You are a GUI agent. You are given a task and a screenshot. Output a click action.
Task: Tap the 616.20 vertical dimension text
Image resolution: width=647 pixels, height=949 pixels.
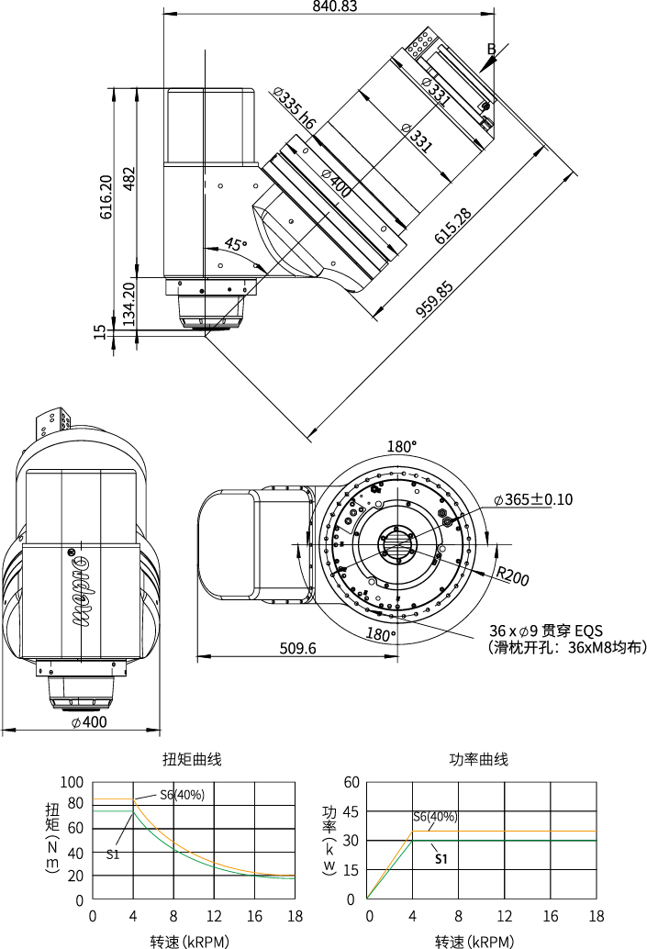click(x=106, y=196)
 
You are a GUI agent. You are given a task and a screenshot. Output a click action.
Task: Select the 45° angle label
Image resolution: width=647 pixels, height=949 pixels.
click(x=236, y=245)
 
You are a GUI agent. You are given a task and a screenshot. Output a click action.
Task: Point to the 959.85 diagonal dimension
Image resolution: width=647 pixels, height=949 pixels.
click(x=436, y=298)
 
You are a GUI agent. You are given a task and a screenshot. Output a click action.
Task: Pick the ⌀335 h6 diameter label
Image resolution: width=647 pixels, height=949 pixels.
click(x=294, y=111)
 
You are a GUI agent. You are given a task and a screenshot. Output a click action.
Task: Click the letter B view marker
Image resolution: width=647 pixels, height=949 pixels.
click(x=491, y=49)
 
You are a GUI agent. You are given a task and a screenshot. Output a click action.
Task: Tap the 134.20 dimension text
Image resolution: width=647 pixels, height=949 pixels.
click(x=128, y=304)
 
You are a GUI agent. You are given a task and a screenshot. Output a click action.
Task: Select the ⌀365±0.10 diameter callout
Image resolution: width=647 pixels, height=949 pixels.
click(x=533, y=500)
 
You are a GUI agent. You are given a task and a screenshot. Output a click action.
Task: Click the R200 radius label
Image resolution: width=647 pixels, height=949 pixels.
click(x=513, y=577)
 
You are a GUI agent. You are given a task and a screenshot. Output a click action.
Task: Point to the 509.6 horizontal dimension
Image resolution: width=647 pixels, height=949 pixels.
click(x=297, y=649)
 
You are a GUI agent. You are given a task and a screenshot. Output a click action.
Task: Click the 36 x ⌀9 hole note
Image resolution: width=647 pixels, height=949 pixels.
click(x=546, y=631)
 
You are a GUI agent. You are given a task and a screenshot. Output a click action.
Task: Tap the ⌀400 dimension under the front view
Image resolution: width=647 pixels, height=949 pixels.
click(x=89, y=722)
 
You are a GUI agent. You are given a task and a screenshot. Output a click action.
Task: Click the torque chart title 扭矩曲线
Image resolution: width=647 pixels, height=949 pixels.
click(x=192, y=760)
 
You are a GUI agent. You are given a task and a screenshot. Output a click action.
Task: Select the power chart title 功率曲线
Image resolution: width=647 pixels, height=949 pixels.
click(x=478, y=760)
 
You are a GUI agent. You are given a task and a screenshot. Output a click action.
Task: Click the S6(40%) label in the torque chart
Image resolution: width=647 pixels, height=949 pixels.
click(x=182, y=795)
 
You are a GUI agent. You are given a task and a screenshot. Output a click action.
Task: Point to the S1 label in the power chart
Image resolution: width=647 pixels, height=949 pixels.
click(x=441, y=860)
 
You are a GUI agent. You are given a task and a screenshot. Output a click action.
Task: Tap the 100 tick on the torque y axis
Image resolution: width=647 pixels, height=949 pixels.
click(x=72, y=782)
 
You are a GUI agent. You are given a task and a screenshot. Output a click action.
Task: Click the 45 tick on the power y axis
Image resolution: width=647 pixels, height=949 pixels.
click(x=350, y=811)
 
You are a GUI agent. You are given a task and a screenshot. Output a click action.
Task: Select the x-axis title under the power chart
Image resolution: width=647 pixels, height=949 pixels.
click(x=474, y=942)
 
